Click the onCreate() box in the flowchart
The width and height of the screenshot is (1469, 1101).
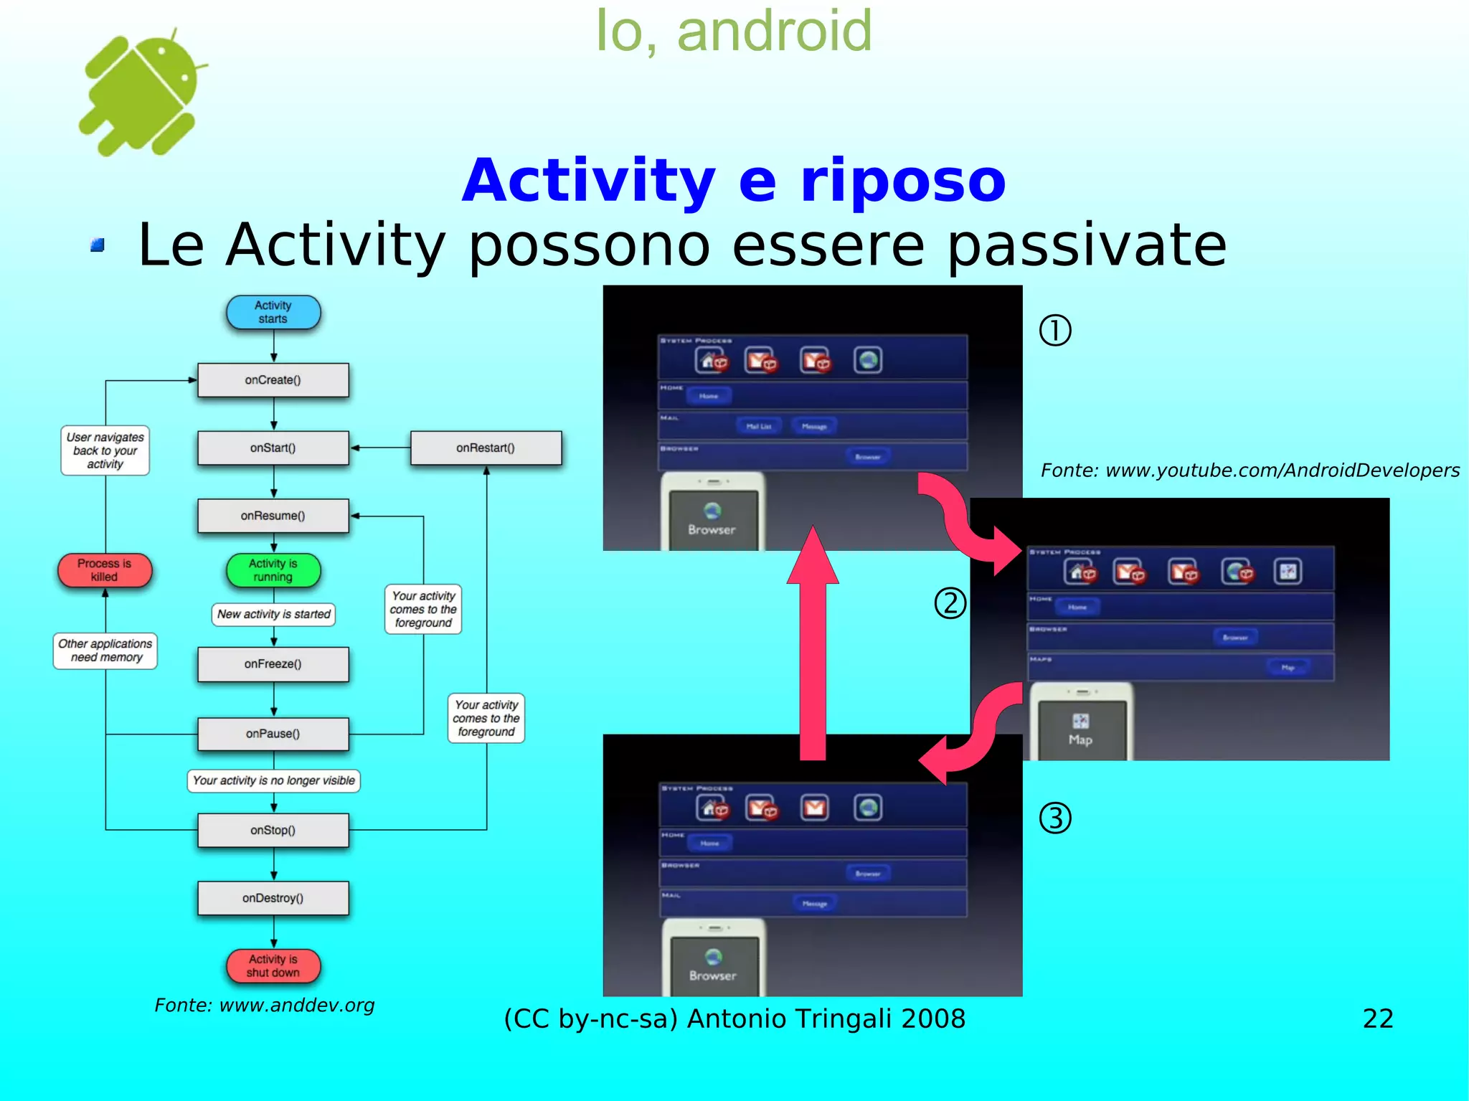273,380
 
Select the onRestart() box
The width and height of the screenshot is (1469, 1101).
486,448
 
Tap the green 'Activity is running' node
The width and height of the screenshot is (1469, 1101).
273,570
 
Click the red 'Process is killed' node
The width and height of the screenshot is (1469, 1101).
105,570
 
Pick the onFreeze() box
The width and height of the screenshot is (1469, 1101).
273,664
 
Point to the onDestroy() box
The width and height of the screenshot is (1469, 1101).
273,898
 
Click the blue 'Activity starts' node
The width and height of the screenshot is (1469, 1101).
273,312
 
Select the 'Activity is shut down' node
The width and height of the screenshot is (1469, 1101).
273,966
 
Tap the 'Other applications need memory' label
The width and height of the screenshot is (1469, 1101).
105,651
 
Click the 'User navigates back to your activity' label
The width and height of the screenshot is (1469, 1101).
105,450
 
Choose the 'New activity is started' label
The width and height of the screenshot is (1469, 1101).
273,615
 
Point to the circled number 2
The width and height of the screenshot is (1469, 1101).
950,603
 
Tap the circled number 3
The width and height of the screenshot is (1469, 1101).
1055,818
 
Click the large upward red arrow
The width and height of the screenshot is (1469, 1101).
813,646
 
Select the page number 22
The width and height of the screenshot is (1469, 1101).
1378,1019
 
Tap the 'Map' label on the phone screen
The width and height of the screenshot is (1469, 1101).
1080,740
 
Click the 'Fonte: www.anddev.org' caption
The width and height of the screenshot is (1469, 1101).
265,1006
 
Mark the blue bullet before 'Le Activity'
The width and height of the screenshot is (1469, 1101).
98,245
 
